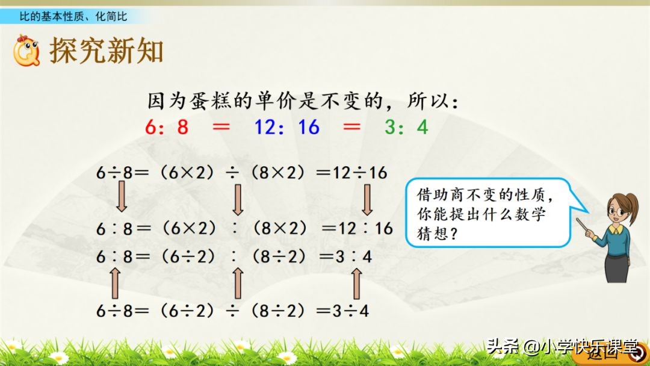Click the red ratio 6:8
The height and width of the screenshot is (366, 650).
[x=167, y=128]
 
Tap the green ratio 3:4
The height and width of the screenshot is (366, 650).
[x=406, y=128]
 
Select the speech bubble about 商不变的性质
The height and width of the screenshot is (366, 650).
[x=488, y=212]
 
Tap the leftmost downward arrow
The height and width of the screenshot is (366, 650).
[x=122, y=199]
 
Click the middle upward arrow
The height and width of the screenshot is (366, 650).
[x=238, y=283]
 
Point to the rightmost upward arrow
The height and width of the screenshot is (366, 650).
[x=356, y=283]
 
